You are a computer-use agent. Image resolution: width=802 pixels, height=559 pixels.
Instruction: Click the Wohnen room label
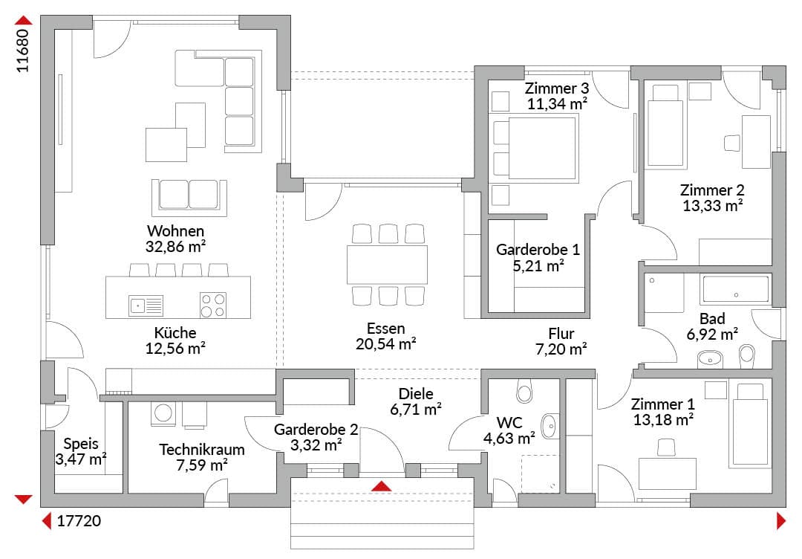point(175,231)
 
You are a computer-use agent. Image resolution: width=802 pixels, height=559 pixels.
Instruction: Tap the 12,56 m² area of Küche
point(175,349)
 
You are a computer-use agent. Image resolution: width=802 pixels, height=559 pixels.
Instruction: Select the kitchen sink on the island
point(146,306)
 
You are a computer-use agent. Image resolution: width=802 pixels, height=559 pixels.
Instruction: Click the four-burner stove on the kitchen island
point(213,305)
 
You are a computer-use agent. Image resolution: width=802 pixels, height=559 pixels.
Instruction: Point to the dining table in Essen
point(387,265)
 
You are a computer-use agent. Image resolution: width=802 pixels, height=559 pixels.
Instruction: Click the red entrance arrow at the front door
point(381,486)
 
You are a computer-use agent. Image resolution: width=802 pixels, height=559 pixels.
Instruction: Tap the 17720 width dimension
point(79,521)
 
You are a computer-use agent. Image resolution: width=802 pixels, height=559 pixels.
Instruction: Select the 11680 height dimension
point(23,50)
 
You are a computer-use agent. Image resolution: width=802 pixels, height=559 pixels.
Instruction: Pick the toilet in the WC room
point(524,391)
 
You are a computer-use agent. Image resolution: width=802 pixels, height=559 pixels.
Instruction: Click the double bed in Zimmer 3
point(534,149)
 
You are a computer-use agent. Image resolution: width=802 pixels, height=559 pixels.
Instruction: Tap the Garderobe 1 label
point(538,250)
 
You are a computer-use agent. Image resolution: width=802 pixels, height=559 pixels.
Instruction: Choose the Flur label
point(561,334)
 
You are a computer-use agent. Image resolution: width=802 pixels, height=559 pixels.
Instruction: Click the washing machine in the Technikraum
point(163,413)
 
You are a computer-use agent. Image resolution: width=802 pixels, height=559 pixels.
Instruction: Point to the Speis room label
point(81,444)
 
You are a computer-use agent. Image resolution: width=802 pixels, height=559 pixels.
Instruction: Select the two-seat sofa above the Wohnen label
point(189,197)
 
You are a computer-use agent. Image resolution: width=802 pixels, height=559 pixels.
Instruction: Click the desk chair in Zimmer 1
point(666,447)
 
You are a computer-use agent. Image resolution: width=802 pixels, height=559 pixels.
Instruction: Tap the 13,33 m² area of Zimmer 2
point(712,207)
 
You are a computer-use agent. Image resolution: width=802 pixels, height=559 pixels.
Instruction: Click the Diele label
point(416,394)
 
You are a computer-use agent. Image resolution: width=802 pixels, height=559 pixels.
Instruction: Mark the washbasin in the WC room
point(550,425)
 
